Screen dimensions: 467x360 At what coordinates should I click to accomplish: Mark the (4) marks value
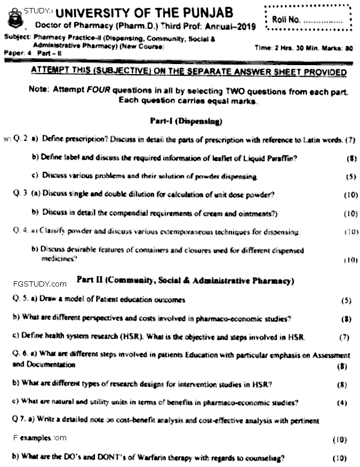[x=342, y=403]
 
